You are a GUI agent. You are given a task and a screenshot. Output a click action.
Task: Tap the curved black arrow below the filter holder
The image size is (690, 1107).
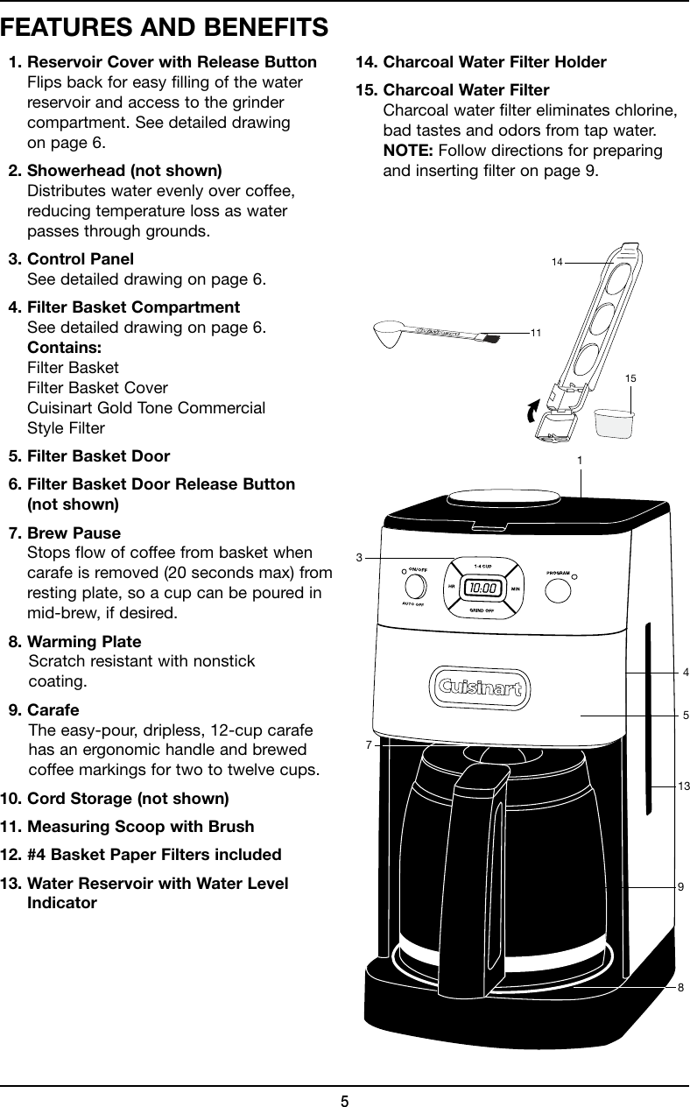532,411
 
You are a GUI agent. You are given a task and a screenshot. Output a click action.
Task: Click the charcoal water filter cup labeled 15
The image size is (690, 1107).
614,423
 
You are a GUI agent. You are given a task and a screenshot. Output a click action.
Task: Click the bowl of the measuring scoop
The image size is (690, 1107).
389,332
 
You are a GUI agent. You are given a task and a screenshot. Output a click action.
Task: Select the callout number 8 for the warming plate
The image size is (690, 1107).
680,987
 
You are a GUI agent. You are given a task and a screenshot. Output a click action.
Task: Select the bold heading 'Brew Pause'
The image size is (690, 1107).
74,533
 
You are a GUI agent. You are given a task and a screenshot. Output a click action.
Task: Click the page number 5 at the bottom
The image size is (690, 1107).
345,1099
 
